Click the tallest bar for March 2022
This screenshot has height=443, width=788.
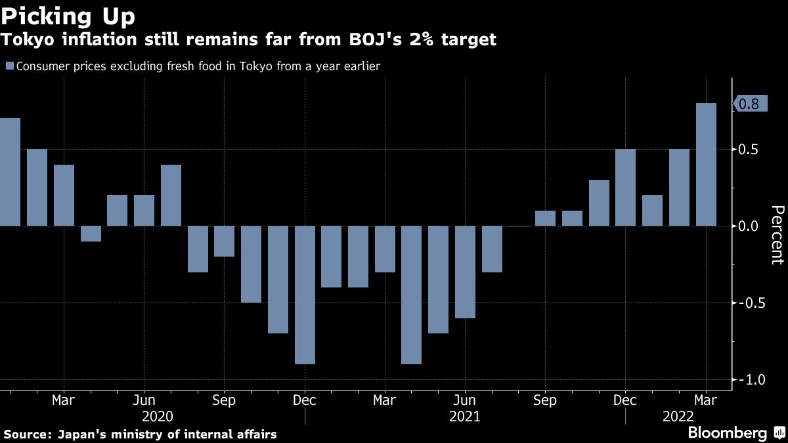[x=706, y=164]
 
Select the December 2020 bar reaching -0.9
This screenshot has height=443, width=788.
[x=305, y=295]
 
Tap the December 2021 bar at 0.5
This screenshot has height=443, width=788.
[x=625, y=188]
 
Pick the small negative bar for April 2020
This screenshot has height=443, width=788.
[x=91, y=234]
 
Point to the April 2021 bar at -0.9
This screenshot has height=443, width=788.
[x=411, y=295]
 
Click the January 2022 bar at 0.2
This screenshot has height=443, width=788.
[x=652, y=211]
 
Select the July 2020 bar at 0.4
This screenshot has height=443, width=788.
[x=171, y=195]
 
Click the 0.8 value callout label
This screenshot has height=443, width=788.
[x=749, y=104]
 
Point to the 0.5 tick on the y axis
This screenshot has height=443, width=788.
[x=749, y=150]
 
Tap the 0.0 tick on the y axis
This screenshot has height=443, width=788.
[x=749, y=226]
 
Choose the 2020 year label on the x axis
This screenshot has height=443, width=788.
[x=158, y=417]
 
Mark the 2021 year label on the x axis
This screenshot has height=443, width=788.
[x=465, y=417]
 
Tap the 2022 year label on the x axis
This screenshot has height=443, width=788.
[x=678, y=417]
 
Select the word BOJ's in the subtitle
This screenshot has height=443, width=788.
[x=365, y=40]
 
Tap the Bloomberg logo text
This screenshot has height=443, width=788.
[x=727, y=433]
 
